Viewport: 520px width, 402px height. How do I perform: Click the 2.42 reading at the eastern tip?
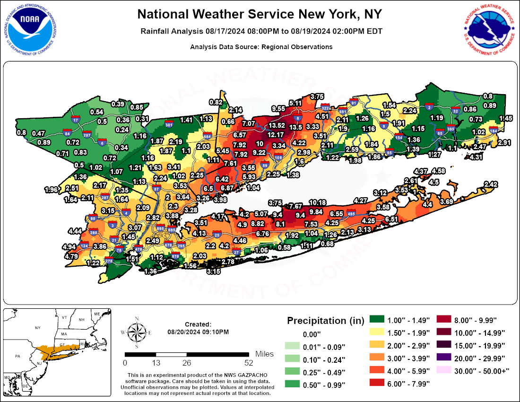pos(491,184)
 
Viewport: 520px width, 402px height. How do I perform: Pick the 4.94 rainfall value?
pos(69,247)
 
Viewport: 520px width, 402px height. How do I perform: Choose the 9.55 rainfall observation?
pos(278,108)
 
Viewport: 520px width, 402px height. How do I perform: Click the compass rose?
pos(137,333)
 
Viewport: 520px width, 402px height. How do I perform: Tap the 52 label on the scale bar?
pos(249,363)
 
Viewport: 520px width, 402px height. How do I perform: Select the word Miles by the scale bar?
pos(264,354)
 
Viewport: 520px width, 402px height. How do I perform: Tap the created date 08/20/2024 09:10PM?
pos(198,332)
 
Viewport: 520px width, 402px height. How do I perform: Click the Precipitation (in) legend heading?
pos(323,321)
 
